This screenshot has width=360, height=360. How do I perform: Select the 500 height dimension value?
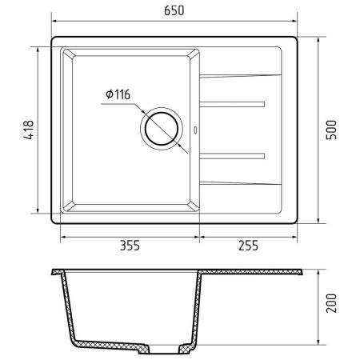(336, 128)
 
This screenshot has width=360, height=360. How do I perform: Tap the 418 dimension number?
(27, 129)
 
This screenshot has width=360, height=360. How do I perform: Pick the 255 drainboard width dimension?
(248, 246)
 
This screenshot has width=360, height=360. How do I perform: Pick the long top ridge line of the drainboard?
(240, 77)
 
